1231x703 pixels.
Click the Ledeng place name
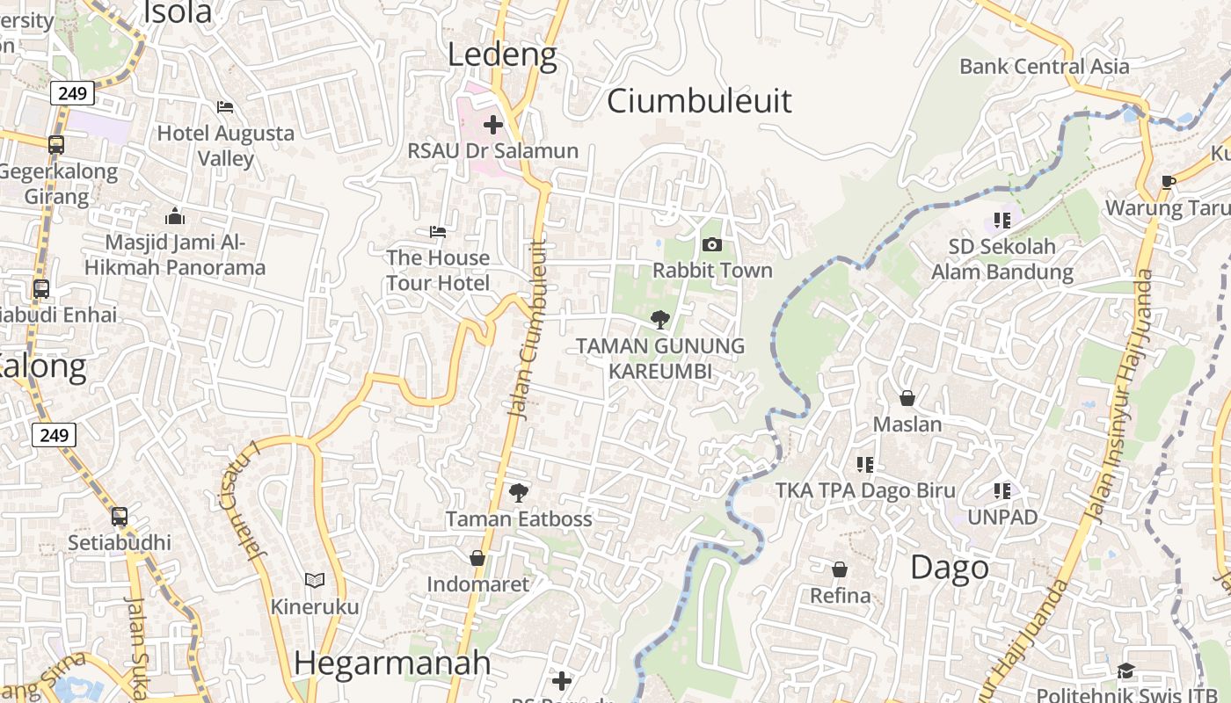[502, 55]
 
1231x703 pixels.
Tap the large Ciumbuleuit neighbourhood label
[699, 101]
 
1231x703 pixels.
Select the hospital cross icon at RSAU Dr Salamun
[493, 124]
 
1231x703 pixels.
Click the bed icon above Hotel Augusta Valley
[225, 107]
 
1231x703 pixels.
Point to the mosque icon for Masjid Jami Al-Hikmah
[175, 216]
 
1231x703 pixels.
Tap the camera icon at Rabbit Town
[712, 244]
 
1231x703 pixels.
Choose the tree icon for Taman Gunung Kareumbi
[659, 320]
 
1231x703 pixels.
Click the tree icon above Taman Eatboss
[519, 493]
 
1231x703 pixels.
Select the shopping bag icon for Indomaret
[477, 558]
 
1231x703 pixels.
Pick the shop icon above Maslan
[907, 398]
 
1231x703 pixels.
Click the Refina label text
[840, 596]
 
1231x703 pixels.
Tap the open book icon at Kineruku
[314, 580]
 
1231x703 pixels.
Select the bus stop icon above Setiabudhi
[120, 517]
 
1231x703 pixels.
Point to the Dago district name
[950, 568]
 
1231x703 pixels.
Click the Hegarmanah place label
[392, 663]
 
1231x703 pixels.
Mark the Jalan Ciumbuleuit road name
[528, 329]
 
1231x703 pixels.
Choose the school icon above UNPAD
[1002, 491]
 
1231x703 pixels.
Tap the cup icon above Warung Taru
[1168, 182]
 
